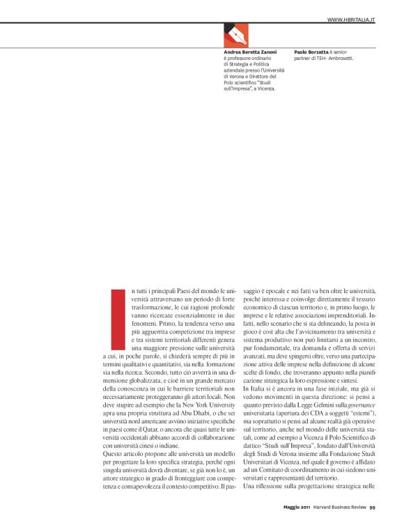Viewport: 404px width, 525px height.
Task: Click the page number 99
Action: pos(373,506)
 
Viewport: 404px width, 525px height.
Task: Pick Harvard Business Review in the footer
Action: pos(339,506)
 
